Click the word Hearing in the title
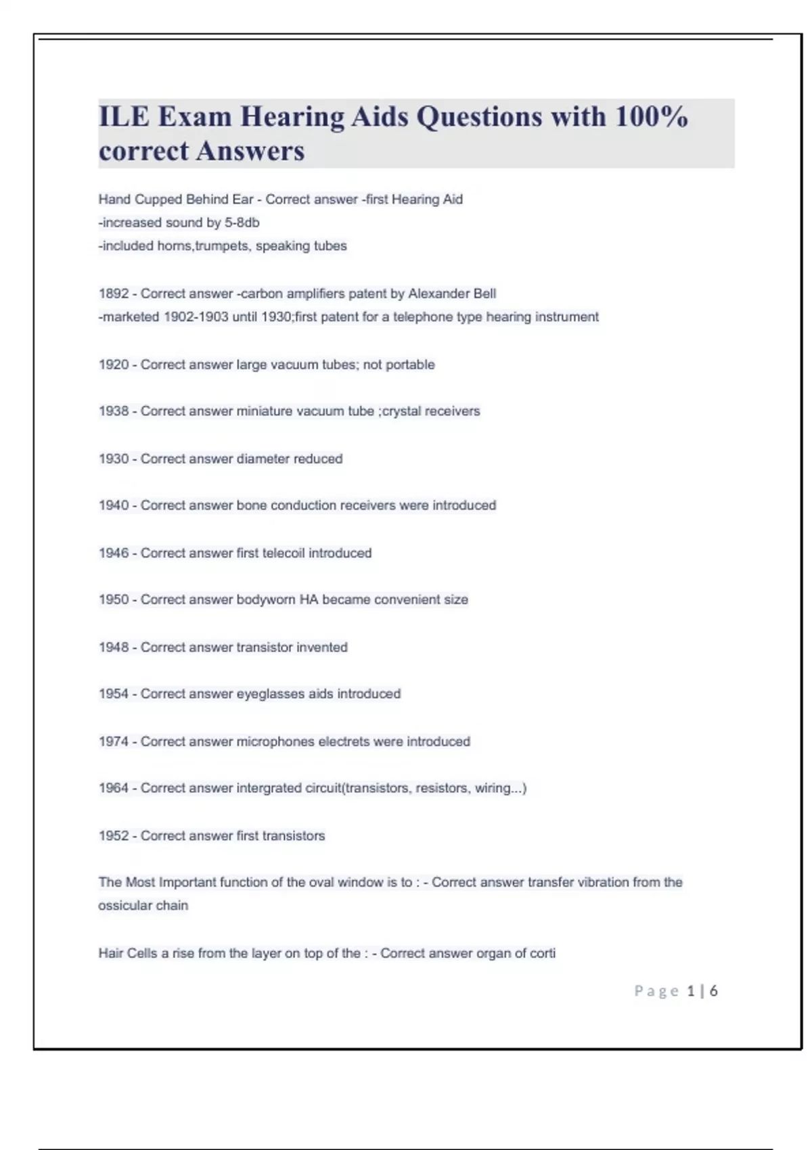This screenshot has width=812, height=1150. coord(292,116)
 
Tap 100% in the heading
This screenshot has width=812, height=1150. coord(651,116)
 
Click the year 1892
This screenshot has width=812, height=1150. coord(113,294)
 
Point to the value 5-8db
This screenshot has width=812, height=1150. coord(242,223)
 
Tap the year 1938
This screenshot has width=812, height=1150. coord(113,411)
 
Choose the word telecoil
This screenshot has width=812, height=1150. coord(283,553)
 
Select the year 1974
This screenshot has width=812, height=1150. coord(113,741)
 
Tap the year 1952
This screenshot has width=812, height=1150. coord(113,836)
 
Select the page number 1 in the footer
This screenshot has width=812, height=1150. coord(690,991)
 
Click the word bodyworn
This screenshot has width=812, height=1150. coord(265,599)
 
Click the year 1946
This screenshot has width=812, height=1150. coord(113,553)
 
